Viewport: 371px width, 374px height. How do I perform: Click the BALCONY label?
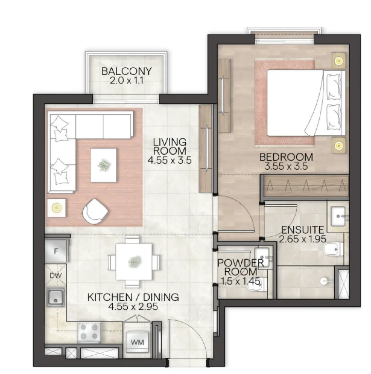[126, 71]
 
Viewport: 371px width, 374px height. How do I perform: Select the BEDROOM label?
[286, 157]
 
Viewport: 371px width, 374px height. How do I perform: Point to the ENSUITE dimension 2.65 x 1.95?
[301, 239]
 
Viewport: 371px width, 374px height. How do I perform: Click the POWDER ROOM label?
[241, 267]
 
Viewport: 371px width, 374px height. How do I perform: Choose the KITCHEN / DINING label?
[133, 297]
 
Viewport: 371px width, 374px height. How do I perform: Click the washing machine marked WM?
[137, 342]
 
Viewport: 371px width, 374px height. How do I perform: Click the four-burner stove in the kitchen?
[89, 332]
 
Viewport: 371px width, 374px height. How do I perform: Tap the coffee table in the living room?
[104, 166]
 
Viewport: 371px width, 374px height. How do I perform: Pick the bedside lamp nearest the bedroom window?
[338, 61]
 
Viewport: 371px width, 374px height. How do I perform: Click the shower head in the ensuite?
[325, 281]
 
